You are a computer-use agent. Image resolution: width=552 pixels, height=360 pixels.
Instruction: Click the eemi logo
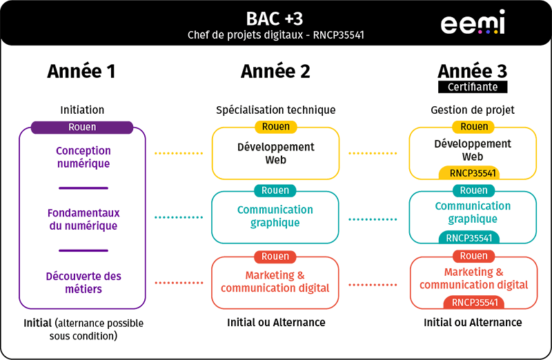coord(473,22)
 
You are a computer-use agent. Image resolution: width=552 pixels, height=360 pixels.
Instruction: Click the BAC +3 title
coord(275,17)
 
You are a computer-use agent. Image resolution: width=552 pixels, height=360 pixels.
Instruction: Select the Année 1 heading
coord(81,70)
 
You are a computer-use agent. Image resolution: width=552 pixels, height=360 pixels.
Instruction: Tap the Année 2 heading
coord(275,70)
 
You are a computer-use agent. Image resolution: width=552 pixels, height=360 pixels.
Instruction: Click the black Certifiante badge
coord(473,87)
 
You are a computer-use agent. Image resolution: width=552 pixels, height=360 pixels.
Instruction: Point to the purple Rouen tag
coord(82,127)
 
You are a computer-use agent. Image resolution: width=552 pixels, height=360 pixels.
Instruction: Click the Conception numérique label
coord(83,157)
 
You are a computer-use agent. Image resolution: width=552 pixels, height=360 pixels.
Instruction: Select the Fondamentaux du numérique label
coord(83,219)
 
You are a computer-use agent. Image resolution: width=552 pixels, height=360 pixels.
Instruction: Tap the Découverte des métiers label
coord(83,282)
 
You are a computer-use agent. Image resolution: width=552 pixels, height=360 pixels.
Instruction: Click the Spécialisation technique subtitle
coord(275,110)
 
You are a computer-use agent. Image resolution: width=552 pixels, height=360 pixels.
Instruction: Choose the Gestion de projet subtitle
coord(473,110)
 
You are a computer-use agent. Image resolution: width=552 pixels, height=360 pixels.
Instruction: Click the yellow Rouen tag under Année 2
coord(275,127)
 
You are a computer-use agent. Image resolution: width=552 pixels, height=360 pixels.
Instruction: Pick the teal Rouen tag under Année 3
coord(473,190)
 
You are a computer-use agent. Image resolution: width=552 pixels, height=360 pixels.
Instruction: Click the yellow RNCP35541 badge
coord(469,174)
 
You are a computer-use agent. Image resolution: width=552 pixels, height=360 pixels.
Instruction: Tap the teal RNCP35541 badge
coord(469,238)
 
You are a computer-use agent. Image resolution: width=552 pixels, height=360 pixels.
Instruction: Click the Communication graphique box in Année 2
coord(275,217)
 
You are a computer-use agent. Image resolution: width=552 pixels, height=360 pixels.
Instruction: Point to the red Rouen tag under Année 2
coord(275,256)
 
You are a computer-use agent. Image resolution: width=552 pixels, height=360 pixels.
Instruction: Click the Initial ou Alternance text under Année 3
coord(473,322)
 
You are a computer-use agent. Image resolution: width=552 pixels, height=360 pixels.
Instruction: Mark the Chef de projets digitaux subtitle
coord(275,34)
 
